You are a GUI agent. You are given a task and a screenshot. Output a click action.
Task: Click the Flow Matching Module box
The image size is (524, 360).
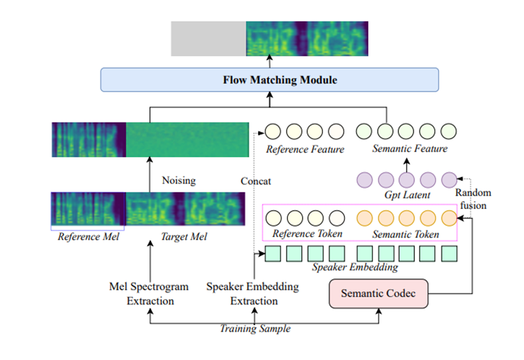(x=269, y=80)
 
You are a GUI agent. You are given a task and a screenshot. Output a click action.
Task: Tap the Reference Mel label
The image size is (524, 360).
(x=88, y=236)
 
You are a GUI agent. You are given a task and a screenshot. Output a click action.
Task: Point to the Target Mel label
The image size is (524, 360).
(x=184, y=236)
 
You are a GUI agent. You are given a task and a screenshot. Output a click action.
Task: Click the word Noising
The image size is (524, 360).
(x=178, y=180)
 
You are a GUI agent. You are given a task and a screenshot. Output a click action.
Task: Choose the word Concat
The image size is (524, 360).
(x=255, y=181)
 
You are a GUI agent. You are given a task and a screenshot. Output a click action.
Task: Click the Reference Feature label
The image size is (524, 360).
(x=305, y=149)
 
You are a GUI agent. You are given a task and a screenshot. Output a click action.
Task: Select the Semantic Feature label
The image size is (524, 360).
(x=409, y=149)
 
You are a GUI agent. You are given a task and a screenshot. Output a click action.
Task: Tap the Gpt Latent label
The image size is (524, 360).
(x=407, y=195)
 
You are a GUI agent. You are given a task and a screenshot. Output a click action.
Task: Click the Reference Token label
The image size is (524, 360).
(x=307, y=234)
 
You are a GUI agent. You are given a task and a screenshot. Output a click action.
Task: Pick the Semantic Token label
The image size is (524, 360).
(x=406, y=234)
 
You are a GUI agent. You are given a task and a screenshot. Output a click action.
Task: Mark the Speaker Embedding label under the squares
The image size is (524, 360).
(x=355, y=267)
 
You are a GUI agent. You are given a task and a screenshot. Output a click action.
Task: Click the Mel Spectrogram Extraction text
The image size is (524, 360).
(x=149, y=293)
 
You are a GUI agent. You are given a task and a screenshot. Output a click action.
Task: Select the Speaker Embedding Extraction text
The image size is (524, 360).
(x=253, y=293)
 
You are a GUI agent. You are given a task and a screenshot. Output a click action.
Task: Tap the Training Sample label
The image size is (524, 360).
(x=255, y=329)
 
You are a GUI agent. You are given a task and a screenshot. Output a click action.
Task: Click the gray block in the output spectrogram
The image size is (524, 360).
(x=208, y=38)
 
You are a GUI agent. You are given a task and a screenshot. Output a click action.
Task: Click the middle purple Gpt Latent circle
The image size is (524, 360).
(x=407, y=180)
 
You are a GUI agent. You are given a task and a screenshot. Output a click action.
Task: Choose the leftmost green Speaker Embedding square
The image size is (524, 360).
(x=273, y=253)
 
